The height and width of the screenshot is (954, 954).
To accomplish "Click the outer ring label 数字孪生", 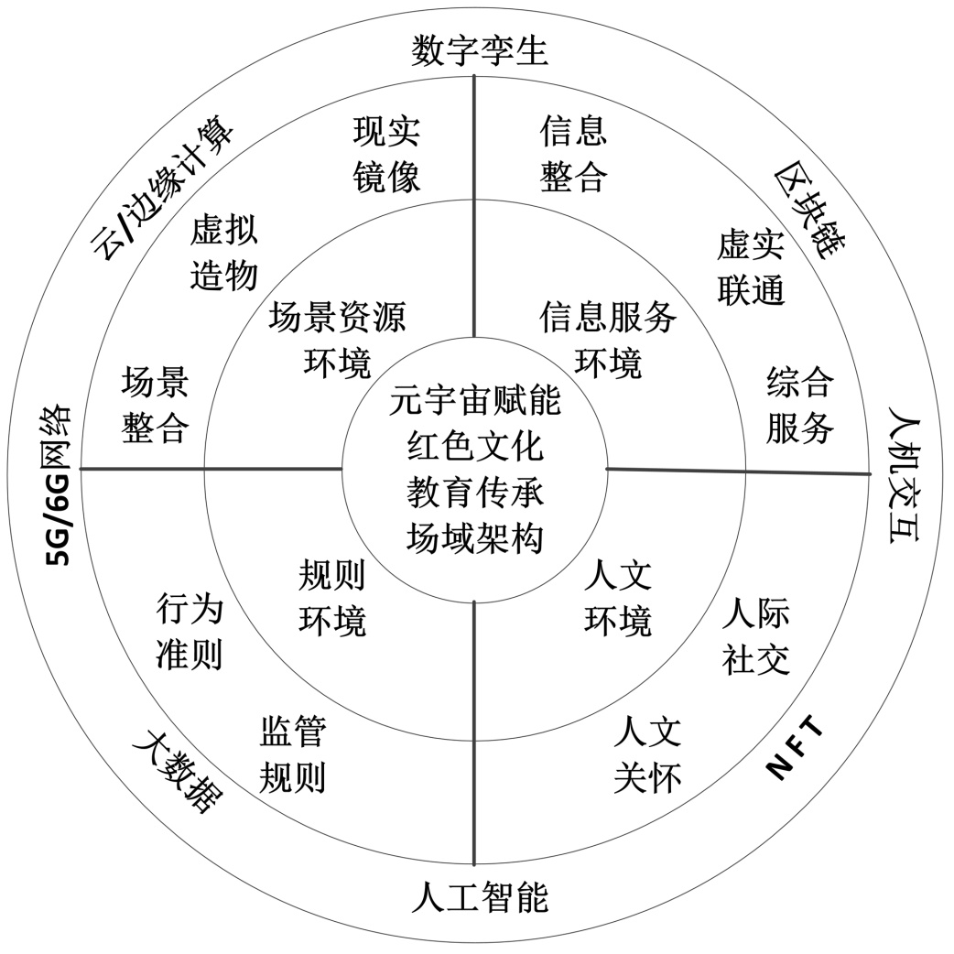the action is pos(479,49).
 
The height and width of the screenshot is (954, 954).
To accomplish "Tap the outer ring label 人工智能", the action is pos(479,897).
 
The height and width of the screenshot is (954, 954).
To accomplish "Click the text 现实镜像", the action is pos(386,153).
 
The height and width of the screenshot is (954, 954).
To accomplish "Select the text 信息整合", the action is pos(573,153).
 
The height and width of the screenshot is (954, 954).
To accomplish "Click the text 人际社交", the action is pos(755,637).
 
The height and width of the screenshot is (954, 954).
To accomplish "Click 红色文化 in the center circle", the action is pos(475,448).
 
